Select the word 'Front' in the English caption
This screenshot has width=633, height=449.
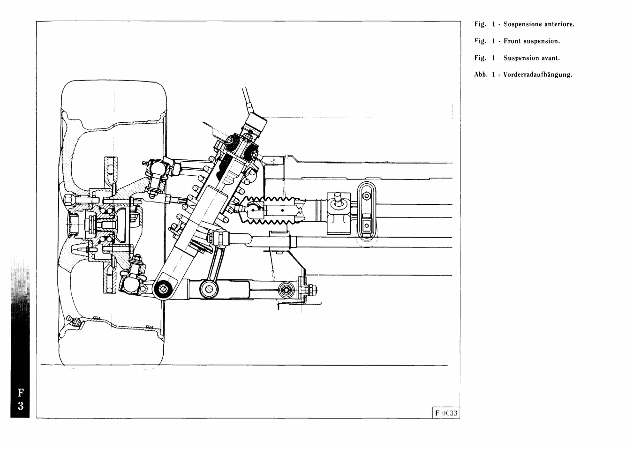pyautogui.click(x=512, y=41)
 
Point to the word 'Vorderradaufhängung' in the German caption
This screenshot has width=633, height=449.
pyautogui.click(x=537, y=75)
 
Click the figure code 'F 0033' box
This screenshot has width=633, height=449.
pyautogui.click(x=445, y=413)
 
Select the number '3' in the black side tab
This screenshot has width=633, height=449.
pyautogui.click(x=20, y=406)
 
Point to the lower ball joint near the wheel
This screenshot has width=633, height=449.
pyautogui.click(x=132, y=283)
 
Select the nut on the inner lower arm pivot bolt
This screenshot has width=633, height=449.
pyautogui.click(x=310, y=291)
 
